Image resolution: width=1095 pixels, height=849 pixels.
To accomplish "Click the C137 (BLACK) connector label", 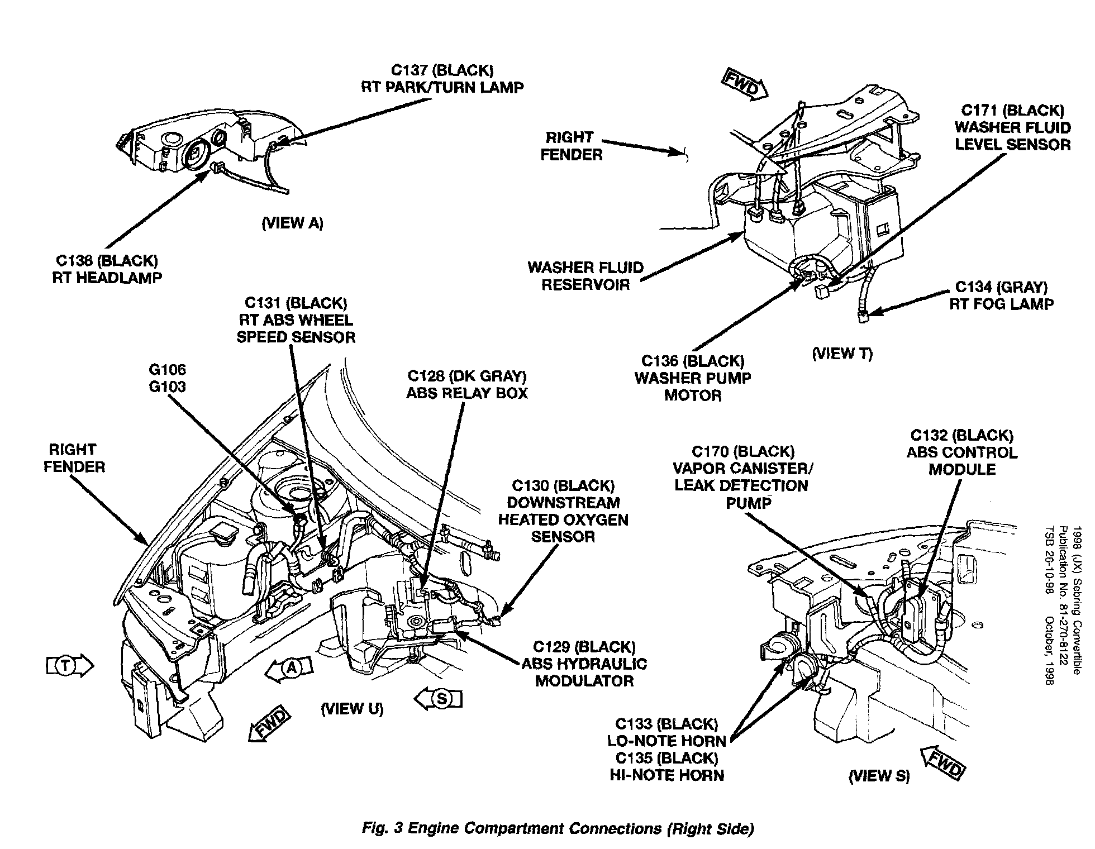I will click(442, 70).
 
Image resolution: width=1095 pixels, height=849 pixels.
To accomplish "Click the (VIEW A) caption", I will click(292, 223).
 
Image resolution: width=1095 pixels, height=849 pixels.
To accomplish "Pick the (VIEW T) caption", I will click(842, 354).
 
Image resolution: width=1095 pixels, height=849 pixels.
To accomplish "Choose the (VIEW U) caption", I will click(352, 709).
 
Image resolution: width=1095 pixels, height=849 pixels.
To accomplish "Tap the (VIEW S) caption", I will click(879, 775).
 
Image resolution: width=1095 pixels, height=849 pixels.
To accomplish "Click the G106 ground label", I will click(168, 370).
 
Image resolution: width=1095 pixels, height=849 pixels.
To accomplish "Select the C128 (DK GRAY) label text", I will click(466, 376).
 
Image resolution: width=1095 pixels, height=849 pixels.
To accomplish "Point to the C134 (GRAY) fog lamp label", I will click(1001, 287).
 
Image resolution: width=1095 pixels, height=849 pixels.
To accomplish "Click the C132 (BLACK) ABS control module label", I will click(961, 435).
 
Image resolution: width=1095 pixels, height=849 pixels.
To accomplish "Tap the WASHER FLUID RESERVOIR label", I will click(585, 276).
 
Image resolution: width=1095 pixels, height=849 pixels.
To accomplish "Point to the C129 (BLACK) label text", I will click(584, 647).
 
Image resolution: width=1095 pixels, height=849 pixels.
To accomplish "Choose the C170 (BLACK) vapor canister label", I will click(742, 451).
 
